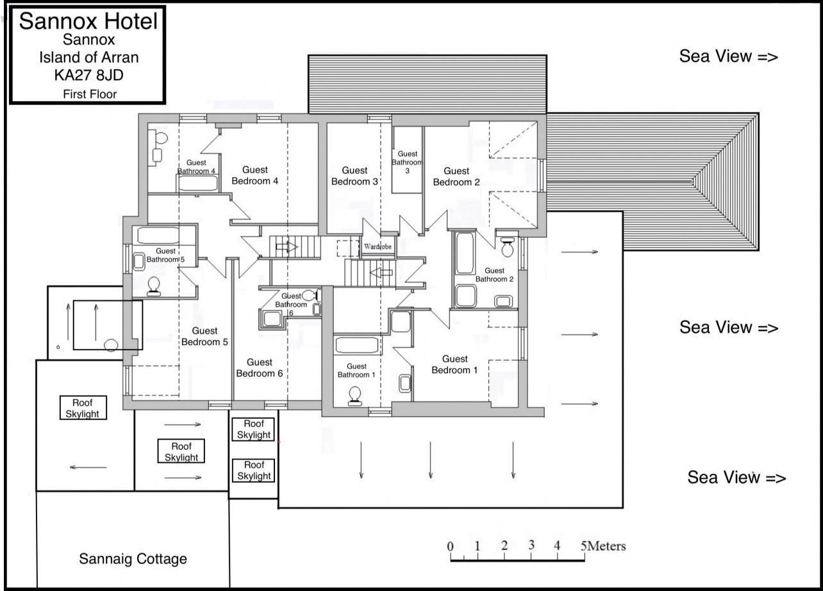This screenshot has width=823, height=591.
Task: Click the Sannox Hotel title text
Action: click(x=88, y=21)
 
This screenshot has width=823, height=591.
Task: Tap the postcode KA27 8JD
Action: click(x=89, y=75)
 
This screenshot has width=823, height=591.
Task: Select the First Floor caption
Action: click(x=90, y=94)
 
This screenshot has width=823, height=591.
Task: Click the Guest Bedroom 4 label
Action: click(x=255, y=175)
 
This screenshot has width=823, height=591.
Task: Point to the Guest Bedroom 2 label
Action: click(x=456, y=176)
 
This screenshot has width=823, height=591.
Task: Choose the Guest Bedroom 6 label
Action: click(x=260, y=368)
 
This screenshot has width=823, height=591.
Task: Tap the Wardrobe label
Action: click(x=378, y=247)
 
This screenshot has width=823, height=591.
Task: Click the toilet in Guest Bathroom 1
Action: click(x=355, y=396)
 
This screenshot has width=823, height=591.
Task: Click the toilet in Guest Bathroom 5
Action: click(x=154, y=286)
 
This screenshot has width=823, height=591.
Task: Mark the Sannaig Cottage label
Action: click(x=133, y=559)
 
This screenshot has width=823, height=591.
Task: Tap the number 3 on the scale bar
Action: click(x=531, y=545)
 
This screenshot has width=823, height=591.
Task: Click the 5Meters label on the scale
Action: click(x=603, y=546)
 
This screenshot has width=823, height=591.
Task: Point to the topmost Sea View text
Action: click(x=729, y=56)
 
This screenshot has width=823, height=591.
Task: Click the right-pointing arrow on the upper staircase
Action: click(x=287, y=247)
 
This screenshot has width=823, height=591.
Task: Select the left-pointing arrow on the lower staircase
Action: click(x=381, y=273)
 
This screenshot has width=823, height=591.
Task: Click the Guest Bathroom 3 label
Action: click(x=407, y=162)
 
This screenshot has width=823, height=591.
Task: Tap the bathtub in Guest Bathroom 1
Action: click(x=357, y=345)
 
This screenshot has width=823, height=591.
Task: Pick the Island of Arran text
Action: click(x=89, y=57)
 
